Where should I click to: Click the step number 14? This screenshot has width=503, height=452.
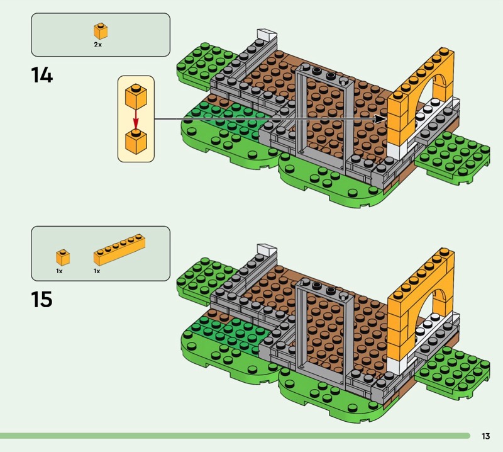[42, 75]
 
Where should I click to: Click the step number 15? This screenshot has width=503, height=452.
[41, 299]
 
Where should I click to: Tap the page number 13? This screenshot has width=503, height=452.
[485, 436]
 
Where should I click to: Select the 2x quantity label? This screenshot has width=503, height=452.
[98, 45]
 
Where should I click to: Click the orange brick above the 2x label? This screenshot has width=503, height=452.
[101, 31]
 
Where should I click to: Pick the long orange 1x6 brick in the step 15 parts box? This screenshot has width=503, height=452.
[119, 250]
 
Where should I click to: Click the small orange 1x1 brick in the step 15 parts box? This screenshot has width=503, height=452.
[63, 257]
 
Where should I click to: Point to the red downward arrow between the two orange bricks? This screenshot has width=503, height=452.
[136, 120]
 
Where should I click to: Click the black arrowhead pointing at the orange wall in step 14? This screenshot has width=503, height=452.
[381, 119]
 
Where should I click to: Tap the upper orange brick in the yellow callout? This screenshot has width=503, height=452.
[136, 96]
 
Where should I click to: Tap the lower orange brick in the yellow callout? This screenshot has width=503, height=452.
[136, 142]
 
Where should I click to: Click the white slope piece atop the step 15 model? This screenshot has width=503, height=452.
[266, 250]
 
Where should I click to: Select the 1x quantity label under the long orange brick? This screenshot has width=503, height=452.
[97, 271]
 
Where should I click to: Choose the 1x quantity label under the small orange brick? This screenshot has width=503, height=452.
[59, 271]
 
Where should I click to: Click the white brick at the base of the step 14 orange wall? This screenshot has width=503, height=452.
[397, 151]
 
